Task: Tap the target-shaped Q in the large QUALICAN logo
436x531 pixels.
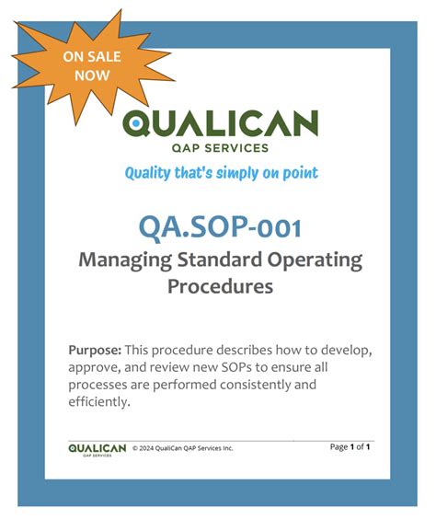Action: [135, 122]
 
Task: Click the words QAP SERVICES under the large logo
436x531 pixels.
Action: [221, 147]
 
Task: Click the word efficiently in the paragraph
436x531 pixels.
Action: [98, 402]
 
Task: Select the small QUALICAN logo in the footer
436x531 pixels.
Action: [97, 448]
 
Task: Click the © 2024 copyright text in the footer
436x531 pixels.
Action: [183, 448]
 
